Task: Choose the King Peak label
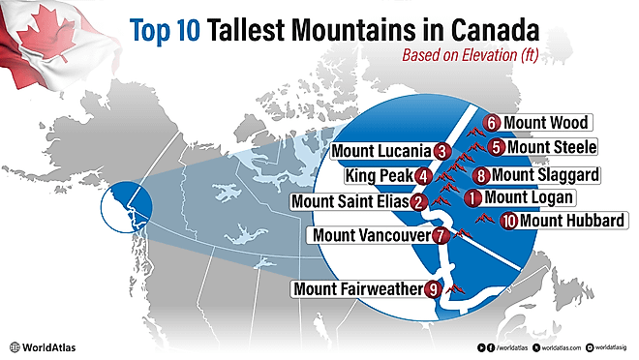point(378,177)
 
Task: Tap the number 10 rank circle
point(509,221)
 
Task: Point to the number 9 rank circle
point(433,288)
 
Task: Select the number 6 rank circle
point(492,123)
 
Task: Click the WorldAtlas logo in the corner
point(43,346)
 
